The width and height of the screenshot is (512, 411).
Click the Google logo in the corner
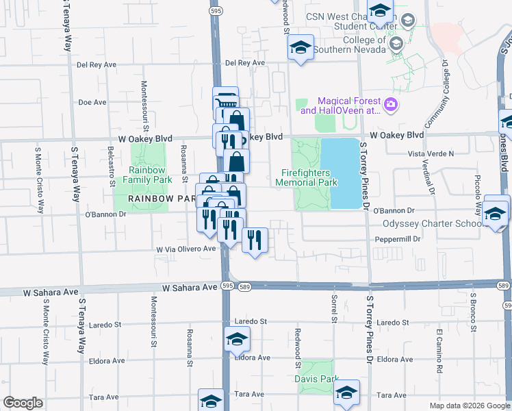[x=23, y=403]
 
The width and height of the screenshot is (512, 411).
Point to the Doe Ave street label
[x=92, y=102]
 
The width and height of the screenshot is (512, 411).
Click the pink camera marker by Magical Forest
[x=392, y=105]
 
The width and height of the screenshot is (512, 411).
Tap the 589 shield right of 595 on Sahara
[x=245, y=288]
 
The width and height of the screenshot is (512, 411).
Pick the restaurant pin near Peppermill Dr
[x=255, y=240]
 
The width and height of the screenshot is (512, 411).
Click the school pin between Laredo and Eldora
[x=237, y=339]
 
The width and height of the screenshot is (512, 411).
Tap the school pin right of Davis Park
[x=347, y=393]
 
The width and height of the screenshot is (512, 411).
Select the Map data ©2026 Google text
[x=469, y=406]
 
